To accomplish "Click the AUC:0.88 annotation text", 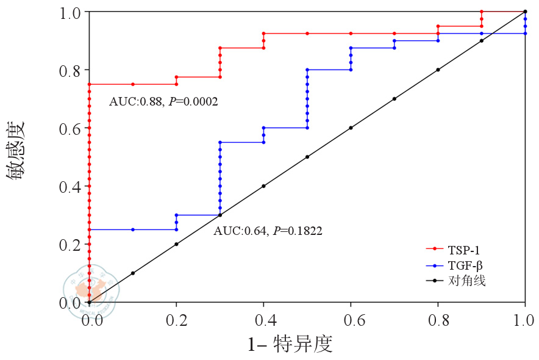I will (163, 101).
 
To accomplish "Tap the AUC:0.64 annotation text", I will (268, 231).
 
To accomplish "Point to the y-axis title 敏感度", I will (16, 149).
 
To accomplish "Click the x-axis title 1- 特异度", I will (290, 344).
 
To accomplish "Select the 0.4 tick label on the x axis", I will (263, 319).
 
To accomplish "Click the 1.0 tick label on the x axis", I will (524, 319).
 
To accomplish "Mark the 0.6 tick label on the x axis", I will (351, 319).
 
